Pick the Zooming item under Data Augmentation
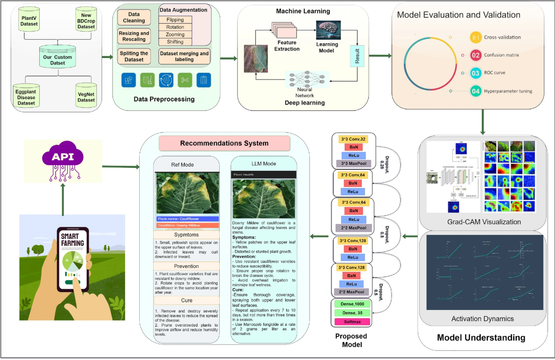point(175,34)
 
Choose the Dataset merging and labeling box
point(184,56)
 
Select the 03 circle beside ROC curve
point(476,72)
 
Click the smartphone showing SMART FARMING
point(72,259)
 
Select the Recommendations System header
point(225,143)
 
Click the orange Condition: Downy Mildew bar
point(188,226)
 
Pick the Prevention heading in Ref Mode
point(187,266)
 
